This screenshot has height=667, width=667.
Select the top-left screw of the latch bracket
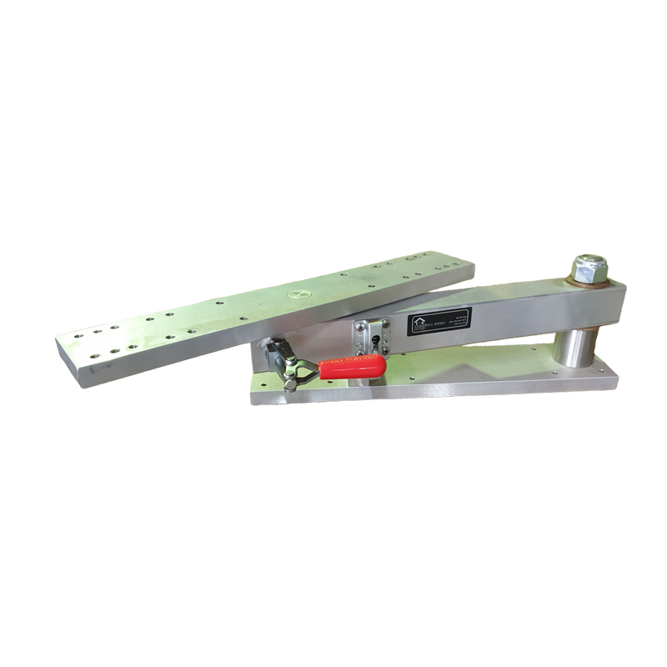click(x=360, y=326)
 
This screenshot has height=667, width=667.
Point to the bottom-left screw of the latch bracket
click(x=361, y=346)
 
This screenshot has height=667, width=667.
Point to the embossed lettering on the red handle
click(x=346, y=364)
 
